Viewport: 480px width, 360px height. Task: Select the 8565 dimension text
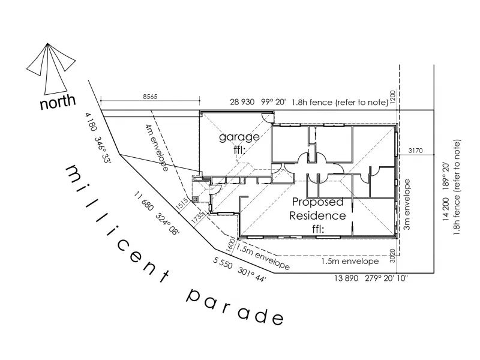click(150, 96)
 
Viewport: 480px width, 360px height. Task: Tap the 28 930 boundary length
click(242, 103)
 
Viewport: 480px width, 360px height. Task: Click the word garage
click(239, 137)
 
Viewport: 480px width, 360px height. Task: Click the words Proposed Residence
click(318, 209)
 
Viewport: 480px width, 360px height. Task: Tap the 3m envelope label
click(407, 205)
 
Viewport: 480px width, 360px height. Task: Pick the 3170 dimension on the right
click(415, 150)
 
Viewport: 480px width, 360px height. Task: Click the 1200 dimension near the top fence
click(393, 97)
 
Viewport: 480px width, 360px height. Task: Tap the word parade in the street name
click(233, 306)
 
